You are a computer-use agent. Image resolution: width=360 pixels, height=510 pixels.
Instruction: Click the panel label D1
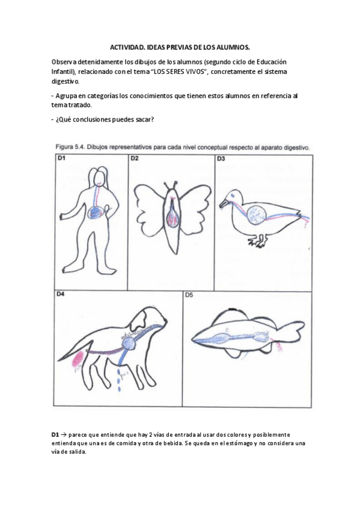point(62,159)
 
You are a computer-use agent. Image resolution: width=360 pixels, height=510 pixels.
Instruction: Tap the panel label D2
point(135,159)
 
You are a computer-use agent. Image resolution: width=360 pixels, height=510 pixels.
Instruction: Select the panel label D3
point(221,159)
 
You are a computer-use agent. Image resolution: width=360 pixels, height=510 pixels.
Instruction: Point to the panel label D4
point(61,295)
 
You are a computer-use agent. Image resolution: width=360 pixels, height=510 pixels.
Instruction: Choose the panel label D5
point(189,295)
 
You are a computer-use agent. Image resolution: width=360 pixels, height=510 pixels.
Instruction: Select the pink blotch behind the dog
point(78,360)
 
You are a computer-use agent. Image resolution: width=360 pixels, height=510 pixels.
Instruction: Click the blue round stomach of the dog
point(129,343)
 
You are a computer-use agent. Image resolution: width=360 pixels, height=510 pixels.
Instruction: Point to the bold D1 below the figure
point(55,435)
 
